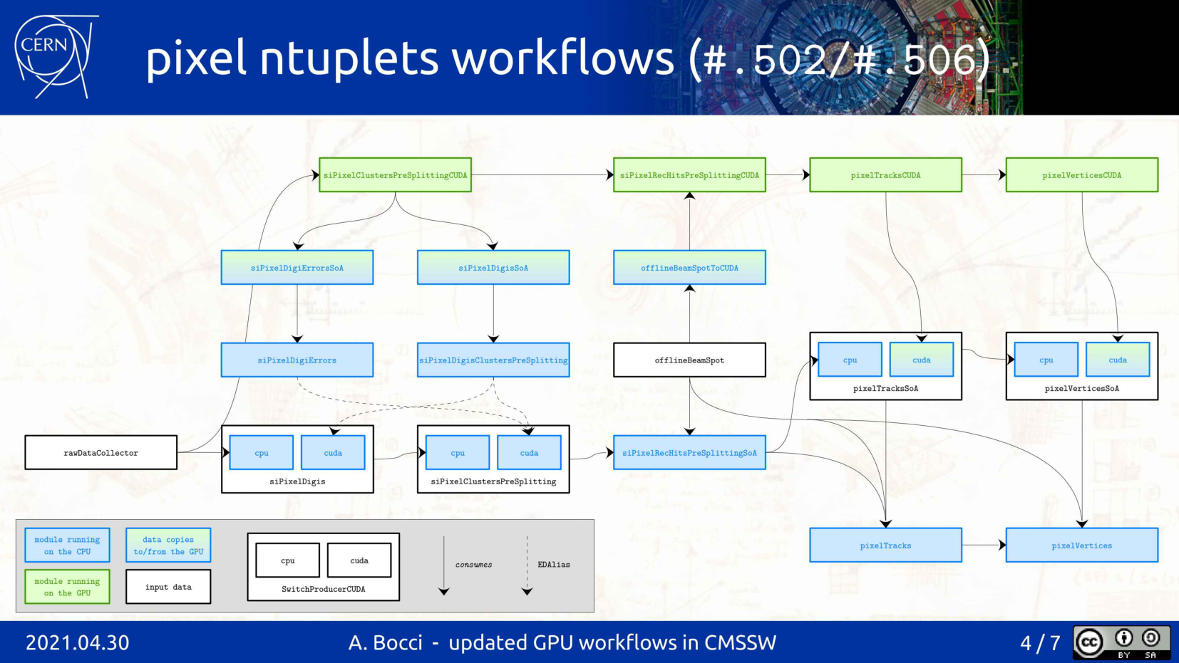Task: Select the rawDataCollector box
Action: click(x=101, y=453)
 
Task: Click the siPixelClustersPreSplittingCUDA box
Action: click(x=395, y=175)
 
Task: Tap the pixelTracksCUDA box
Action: click(x=885, y=175)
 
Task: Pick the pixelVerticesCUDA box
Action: click(x=1081, y=175)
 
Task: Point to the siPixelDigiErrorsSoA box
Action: click(x=297, y=268)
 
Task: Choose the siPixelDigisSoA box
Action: click(x=493, y=268)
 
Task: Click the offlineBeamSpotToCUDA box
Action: click(x=689, y=268)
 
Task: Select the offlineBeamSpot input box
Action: click(x=689, y=360)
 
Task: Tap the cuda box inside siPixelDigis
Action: click(x=333, y=453)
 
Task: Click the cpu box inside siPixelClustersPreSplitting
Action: click(x=458, y=453)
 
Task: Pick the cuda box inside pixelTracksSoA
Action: click(x=921, y=360)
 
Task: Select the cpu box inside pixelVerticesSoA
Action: click(x=1046, y=360)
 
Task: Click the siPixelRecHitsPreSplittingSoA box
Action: click(x=689, y=453)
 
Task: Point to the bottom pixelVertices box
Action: click(x=1081, y=545)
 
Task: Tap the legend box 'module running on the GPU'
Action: click(x=67, y=587)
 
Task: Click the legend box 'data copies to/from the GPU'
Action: click(x=168, y=545)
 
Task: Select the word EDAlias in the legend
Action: click(x=554, y=565)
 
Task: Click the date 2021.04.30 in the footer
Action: click(x=78, y=642)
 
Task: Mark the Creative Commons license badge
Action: click(x=1121, y=642)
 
